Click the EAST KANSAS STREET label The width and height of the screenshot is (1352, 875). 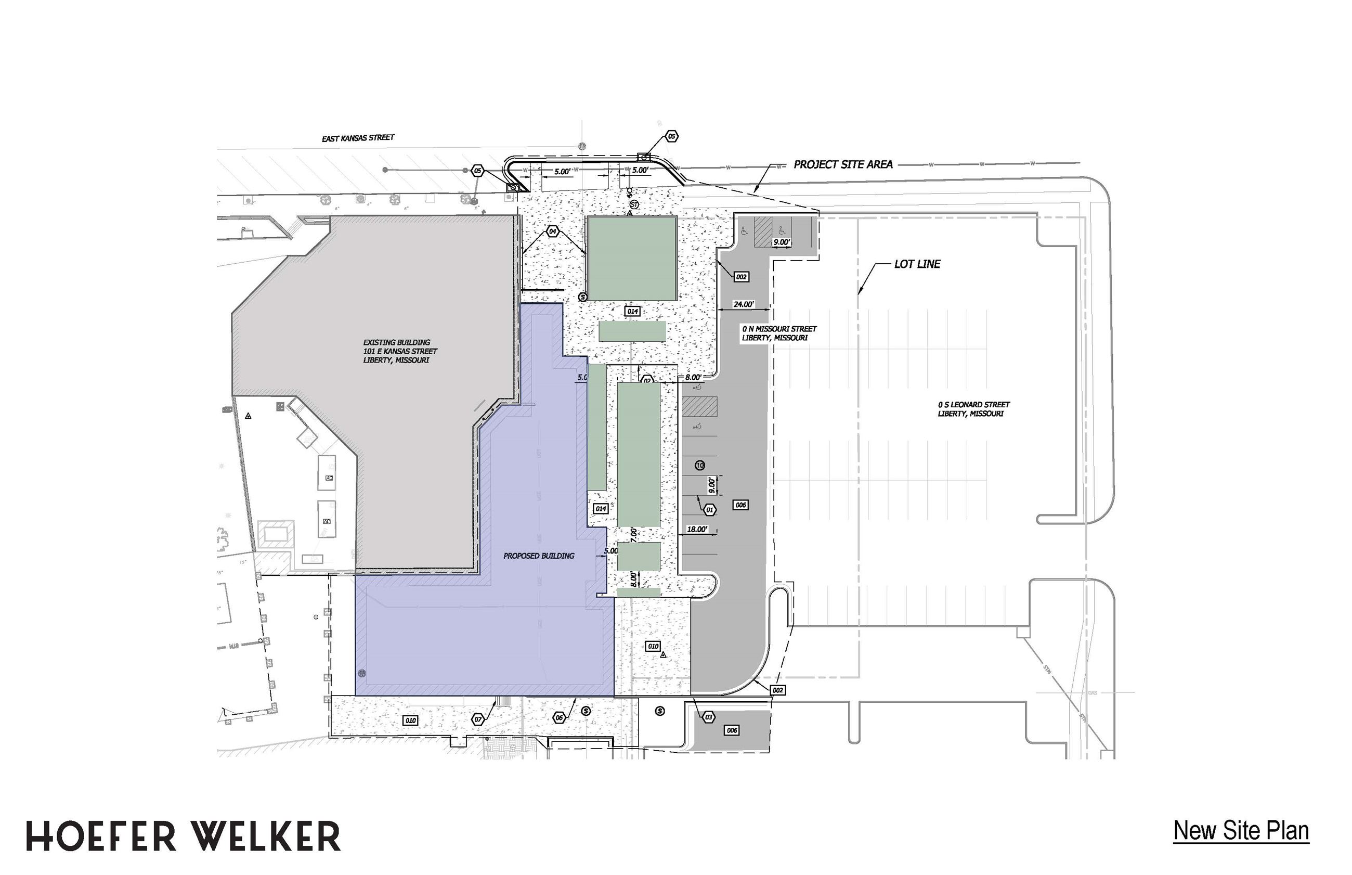coord(358,138)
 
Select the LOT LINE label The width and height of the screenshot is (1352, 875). coord(917,264)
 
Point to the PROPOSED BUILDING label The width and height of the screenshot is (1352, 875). coord(538,556)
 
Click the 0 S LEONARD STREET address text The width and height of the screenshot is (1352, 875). coord(973,409)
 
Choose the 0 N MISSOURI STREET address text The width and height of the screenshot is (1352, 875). coord(778,333)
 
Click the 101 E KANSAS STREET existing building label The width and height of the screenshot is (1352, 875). coord(400,351)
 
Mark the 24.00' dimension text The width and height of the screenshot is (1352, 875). coord(743,304)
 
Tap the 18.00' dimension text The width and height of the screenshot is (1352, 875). coord(697,530)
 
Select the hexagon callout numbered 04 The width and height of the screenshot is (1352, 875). coord(552,232)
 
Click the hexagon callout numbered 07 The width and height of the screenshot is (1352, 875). coord(477,720)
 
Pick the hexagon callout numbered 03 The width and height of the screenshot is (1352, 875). coord(708,717)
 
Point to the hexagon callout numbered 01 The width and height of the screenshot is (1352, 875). coord(709,510)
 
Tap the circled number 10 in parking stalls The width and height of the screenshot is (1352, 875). coord(699,466)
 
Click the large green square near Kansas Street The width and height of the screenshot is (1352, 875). coord(631,258)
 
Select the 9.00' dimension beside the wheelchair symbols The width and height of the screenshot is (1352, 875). coord(782,242)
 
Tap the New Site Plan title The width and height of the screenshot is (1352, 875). coord(1241,830)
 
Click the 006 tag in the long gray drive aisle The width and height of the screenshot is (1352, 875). coord(740,505)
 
